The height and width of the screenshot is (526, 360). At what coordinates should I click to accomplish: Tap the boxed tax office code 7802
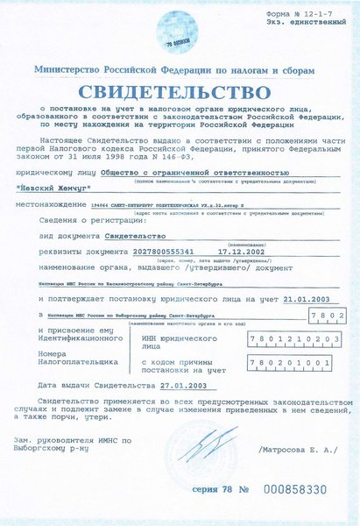pos(324,316)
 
